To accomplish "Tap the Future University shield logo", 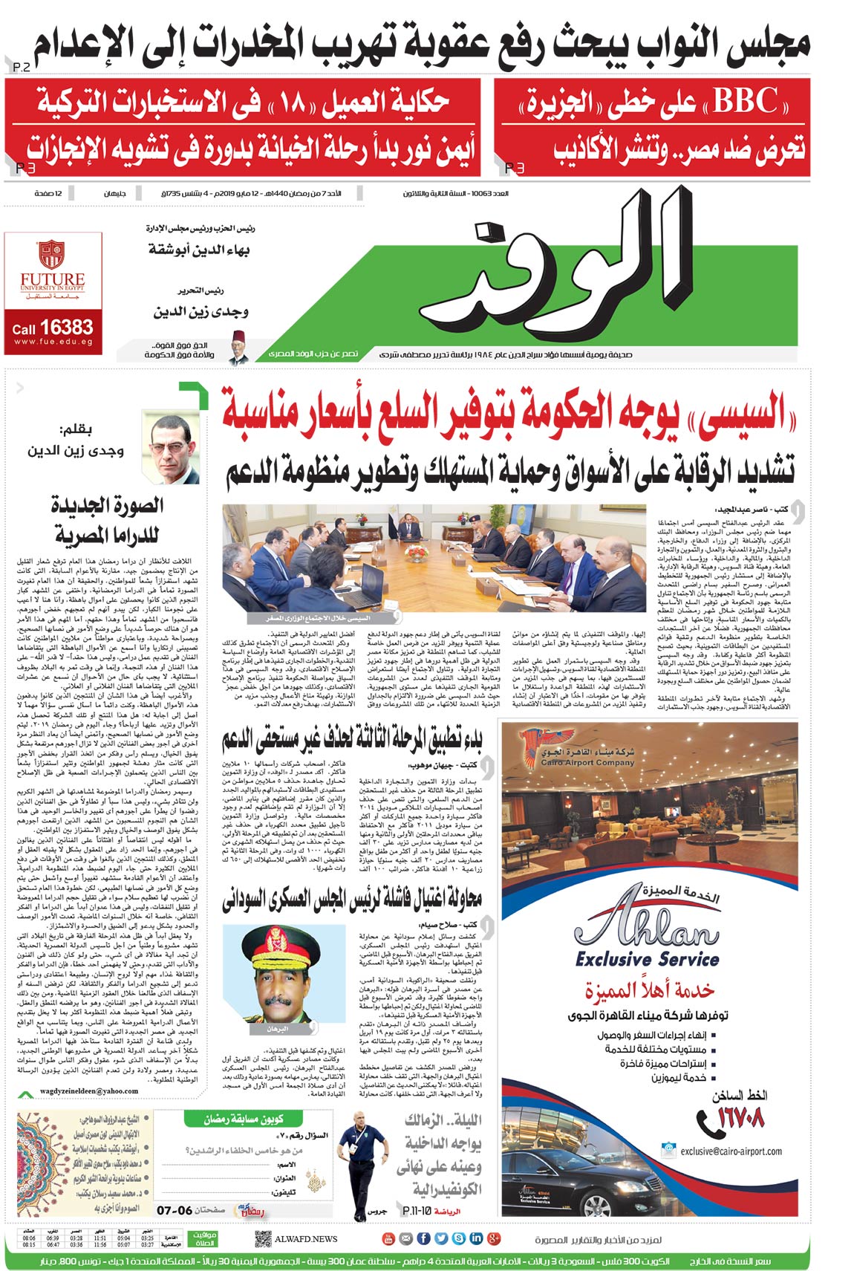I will click(51, 254).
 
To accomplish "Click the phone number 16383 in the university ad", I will click(67, 327).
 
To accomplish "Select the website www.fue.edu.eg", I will click(53, 342).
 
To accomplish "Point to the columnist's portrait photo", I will click(171, 449).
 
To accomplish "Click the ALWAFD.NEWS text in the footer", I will click(306, 1239).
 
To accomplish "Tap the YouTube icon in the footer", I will click(388, 1238).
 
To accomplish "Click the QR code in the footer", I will click(262, 1239).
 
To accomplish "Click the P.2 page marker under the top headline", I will click(22, 68).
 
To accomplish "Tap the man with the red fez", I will click(238, 348).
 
